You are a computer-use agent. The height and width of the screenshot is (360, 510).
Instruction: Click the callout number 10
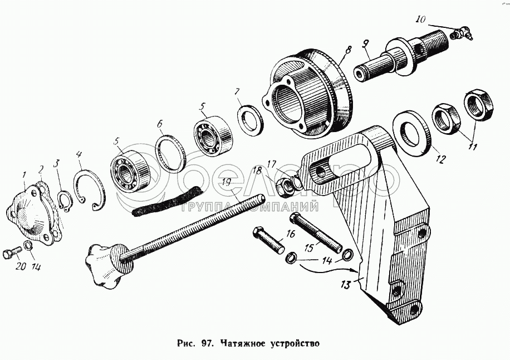tap(420, 20)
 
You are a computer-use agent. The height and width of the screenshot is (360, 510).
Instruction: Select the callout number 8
tap(347, 50)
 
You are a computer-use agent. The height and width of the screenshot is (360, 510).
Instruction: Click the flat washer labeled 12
tap(412, 131)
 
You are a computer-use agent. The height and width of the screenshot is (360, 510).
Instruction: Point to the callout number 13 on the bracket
tap(346, 285)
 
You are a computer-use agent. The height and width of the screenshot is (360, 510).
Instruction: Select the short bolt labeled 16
tap(268, 239)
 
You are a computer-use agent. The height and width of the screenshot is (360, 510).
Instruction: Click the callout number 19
tap(225, 182)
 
